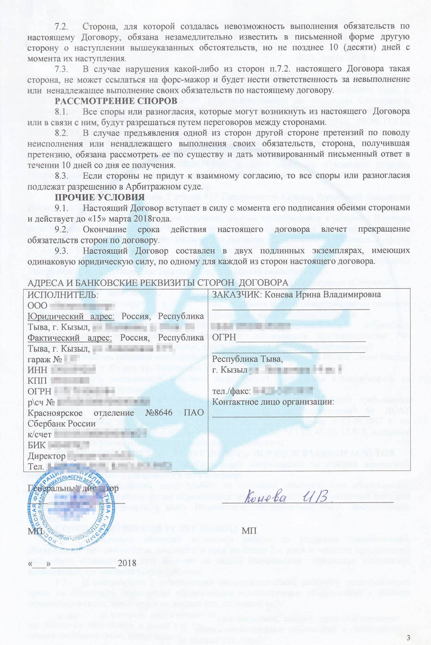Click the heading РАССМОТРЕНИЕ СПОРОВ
(116, 101)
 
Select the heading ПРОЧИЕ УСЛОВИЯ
(100, 197)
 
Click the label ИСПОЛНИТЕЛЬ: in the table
(63, 294)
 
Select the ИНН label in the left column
(37, 370)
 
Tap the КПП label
(37, 381)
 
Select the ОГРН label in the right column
(224, 337)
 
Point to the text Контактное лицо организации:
(273, 402)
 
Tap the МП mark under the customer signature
(249, 531)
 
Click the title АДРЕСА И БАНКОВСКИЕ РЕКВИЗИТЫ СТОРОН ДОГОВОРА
(158, 283)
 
